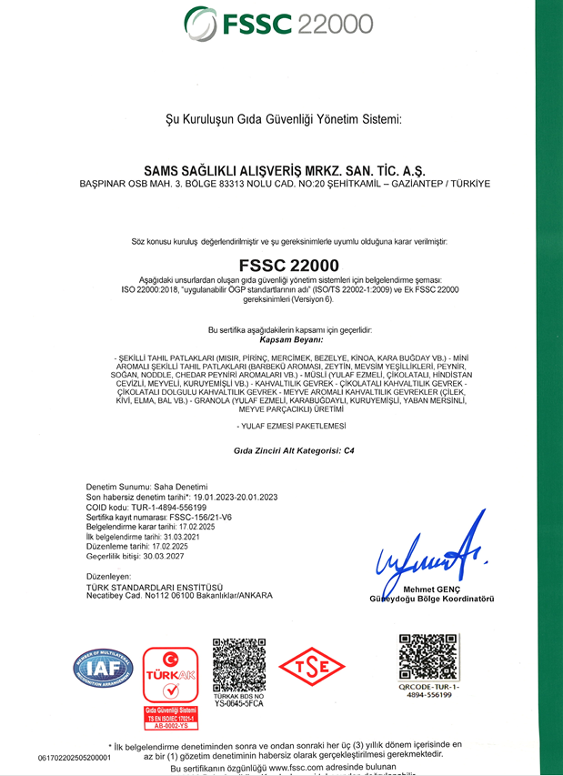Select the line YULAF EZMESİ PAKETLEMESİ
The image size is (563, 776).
click(x=282, y=426)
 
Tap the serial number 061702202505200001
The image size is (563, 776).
click(x=74, y=757)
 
